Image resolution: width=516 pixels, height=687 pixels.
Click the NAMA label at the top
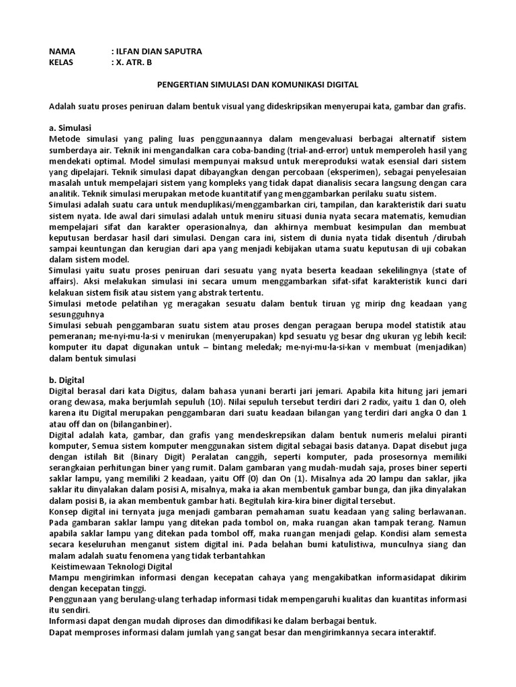click(x=62, y=52)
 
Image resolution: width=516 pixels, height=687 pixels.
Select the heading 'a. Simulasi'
click(x=71, y=127)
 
